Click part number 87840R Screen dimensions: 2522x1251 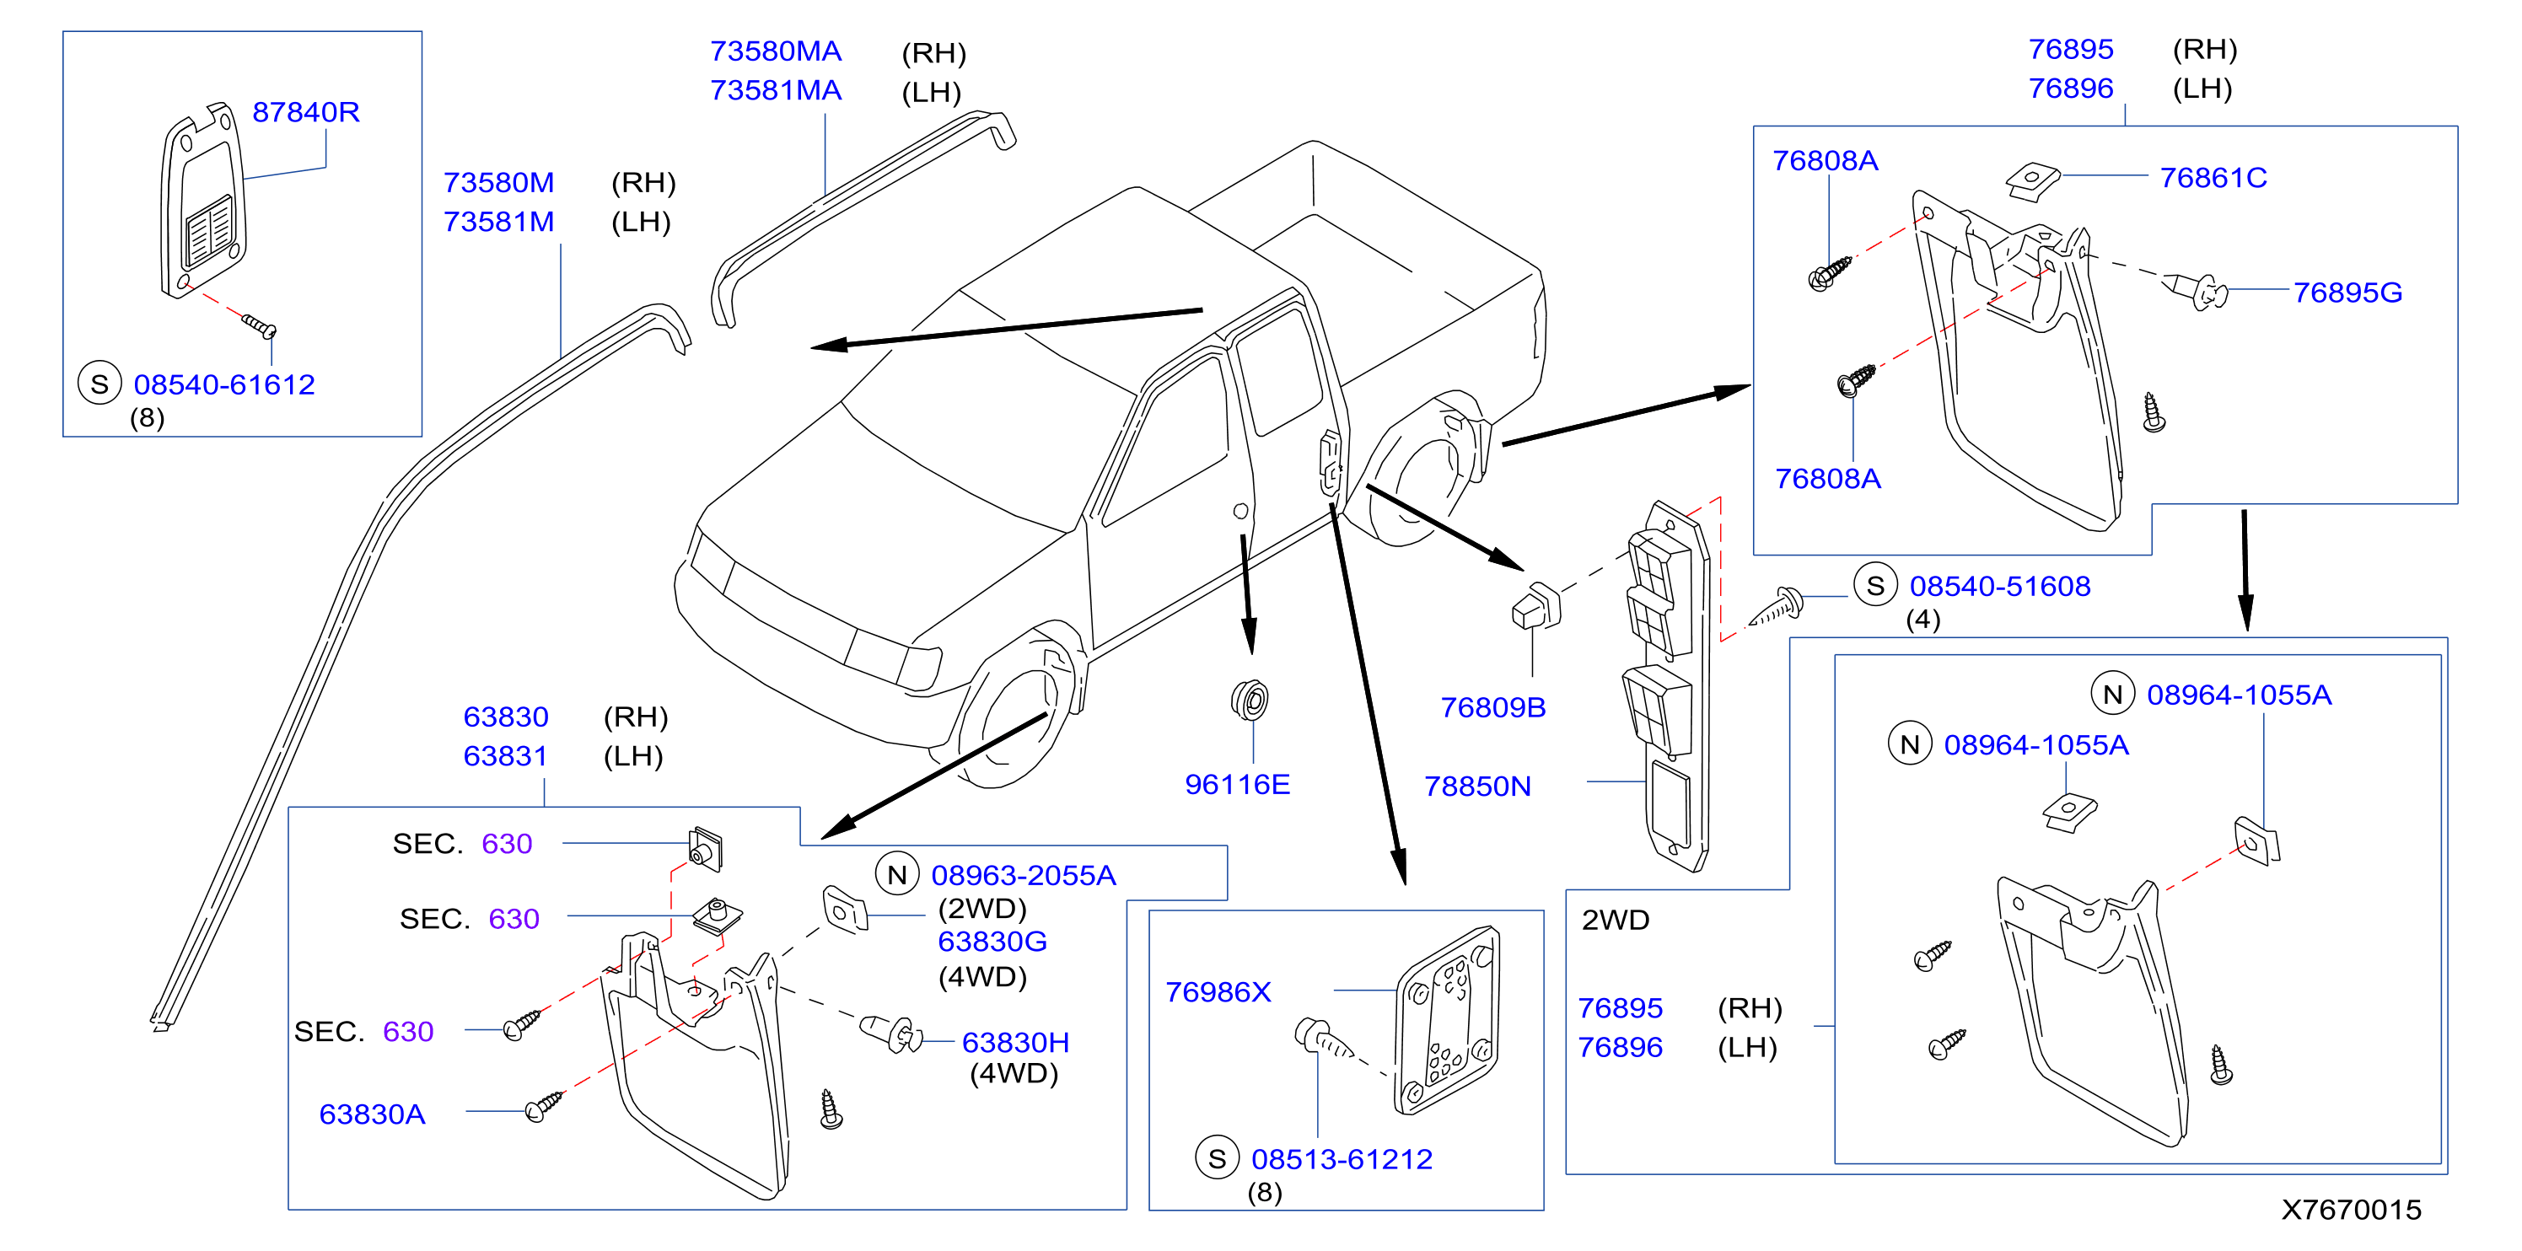305,113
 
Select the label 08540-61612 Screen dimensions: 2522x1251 224,384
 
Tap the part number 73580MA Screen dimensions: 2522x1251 776,51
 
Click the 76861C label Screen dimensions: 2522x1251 2213,178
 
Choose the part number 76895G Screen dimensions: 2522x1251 2347,293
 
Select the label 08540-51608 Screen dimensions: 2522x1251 1999,587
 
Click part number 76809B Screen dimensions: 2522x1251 1492,708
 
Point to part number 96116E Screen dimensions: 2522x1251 1238,784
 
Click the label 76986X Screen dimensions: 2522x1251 1218,992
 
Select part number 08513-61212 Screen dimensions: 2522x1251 1342,1160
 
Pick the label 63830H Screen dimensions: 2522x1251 1015,1043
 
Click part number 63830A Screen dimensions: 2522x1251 372,1115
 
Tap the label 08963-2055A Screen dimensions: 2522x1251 1023,875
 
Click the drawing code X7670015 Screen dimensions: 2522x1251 2351,1210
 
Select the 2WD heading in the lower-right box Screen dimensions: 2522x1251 1616,921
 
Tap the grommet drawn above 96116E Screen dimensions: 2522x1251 1250,700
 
